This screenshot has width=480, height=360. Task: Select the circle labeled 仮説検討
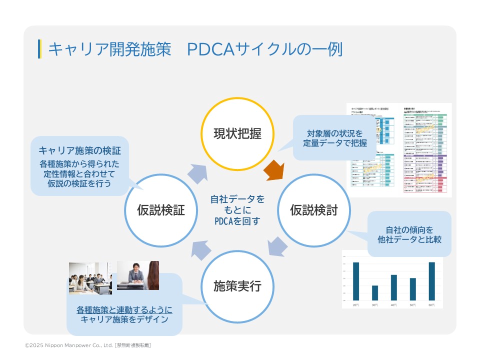pyautogui.click(x=314, y=210)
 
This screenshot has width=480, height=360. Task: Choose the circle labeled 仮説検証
pyautogui.click(x=160, y=210)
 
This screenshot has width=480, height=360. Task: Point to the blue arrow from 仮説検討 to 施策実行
pyautogui.click(x=277, y=247)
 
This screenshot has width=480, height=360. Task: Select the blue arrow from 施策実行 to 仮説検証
pyautogui.click(x=200, y=249)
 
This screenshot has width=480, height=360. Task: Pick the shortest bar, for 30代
pyautogui.click(x=375, y=292)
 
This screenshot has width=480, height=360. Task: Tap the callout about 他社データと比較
pyautogui.click(x=409, y=234)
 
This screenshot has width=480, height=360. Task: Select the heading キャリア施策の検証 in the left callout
pyautogui.click(x=79, y=150)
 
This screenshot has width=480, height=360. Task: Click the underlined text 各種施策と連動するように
pyautogui.click(x=124, y=309)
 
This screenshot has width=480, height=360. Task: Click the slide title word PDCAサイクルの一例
pyautogui.click(x=265, y=49)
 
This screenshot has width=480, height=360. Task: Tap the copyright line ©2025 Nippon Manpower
pyautogui.click(x=88, y=345)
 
